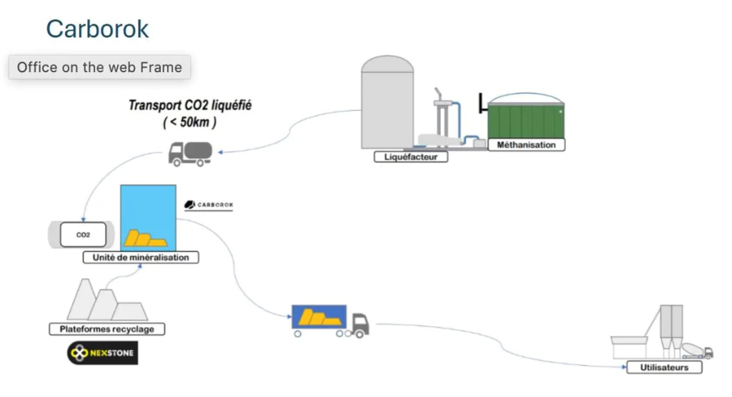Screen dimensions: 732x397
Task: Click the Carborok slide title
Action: pyautogui.click(x=97, y=29)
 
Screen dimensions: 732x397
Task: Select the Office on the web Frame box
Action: pyautogui.click(x=99, y=67)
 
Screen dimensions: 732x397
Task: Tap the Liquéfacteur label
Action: pyautogui.click(x=411, y=157)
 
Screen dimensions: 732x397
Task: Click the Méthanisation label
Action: pyautogui.click(x=526, y=144)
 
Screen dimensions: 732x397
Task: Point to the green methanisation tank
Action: pyautogui.click(x=525, y=121)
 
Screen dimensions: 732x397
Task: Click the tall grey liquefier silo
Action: pyautogui.click(x=387, y=102)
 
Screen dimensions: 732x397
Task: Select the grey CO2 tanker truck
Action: pyautogui.click(x=190, y=154)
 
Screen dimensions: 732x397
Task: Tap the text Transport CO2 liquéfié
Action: pyautogui.click(x=190, y=105)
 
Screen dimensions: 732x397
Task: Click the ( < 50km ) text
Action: pyautogui.click(x=189, y=122)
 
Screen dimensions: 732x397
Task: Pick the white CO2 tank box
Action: pyautogui.click(x=83, y=235)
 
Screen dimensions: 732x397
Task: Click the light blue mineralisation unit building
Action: pyautogui.click(x=148, y=217)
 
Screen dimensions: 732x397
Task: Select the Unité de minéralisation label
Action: pyautogui.click(x=141, y=258)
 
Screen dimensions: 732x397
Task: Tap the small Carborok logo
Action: pyautogui.click(x=209, y=205)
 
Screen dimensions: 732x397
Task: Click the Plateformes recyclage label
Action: pyautogui.click(x=107, y=329)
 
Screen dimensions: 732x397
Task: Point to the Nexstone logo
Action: pyautogui.click(x=103, y=353)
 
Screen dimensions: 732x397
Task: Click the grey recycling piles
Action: pyautogui.click(x=107, y=300)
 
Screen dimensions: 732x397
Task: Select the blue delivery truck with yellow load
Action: pyautogui.click(x=330, y=321)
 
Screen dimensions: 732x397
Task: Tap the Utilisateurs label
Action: pyautogui.click(x=664, y=368)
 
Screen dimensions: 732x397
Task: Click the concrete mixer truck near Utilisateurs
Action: pyautogui.click(x=697, y=351)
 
